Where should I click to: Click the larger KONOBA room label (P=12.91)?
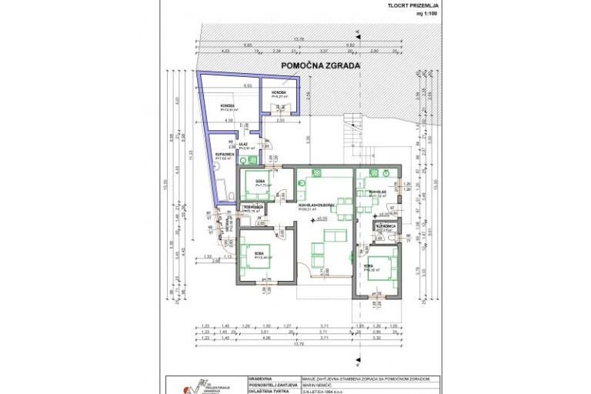(227, 107)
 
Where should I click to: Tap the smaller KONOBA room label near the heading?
(278, 95)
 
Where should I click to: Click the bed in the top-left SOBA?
(255, 184)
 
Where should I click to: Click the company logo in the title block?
(185, 387)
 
